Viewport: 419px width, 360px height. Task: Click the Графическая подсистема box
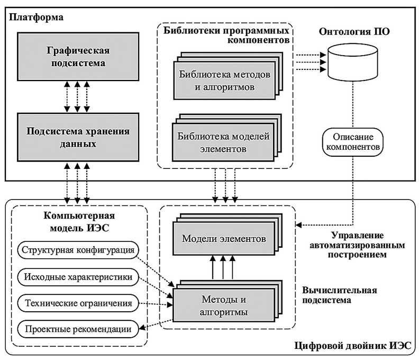coord(78,57)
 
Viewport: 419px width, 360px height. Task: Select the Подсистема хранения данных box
coord(78,137)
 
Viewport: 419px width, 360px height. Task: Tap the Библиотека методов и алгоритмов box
coord(224,79)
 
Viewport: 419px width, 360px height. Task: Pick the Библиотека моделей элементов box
coord(224,142)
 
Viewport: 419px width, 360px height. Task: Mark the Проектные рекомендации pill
coord(78,329)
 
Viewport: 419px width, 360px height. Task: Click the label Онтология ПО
coord(354,31)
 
